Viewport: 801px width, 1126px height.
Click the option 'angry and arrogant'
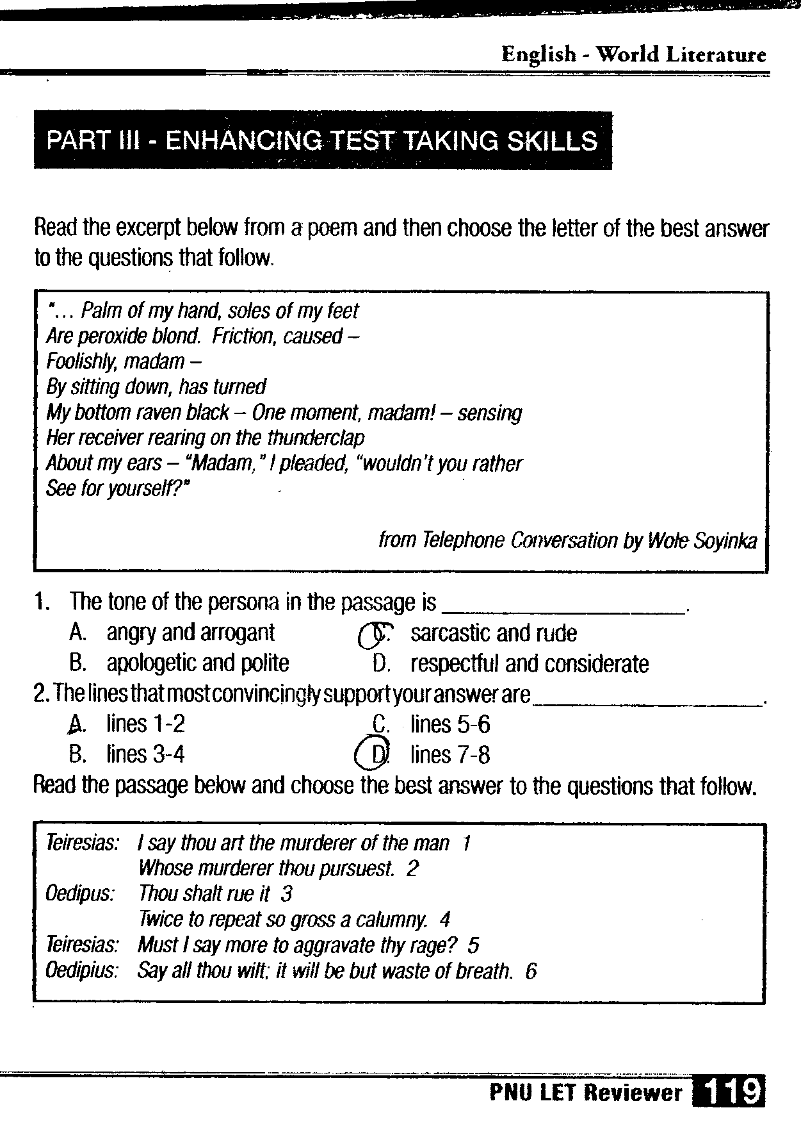(190, 633)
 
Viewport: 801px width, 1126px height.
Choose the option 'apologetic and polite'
(197, 663)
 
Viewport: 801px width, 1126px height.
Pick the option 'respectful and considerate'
(530, 664)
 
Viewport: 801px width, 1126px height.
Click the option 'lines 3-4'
(145, 754)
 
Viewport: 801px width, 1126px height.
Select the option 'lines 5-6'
(450, 725)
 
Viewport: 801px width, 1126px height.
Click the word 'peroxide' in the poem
(118, 336)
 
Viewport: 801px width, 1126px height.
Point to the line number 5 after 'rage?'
(474, 945)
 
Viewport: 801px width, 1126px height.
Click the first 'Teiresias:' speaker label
(82, 843)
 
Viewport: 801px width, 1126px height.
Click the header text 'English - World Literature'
(634, 55)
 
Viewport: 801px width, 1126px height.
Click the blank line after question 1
(563, 610)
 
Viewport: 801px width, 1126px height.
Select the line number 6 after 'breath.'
(530, 972)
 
